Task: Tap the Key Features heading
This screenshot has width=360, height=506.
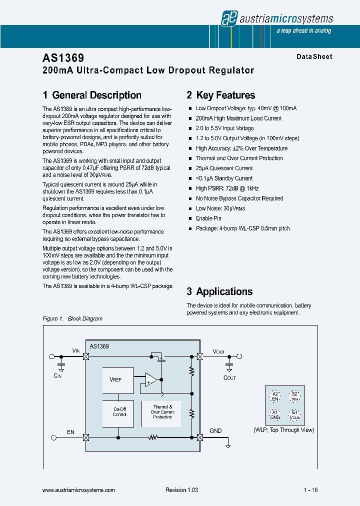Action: (x=220, y=95)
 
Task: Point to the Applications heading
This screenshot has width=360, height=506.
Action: (x=219, y=291)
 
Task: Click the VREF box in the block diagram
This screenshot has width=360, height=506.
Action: (x=117, y=379)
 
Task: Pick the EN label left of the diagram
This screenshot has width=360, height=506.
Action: (x=70, y=431)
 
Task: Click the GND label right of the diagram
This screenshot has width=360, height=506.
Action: (x=215, y=431)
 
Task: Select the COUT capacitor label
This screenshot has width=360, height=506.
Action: (x=229, y=378)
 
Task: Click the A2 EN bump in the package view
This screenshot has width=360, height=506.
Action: (x=274, y=396)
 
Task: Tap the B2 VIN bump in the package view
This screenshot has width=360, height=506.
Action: (x=294, y=396)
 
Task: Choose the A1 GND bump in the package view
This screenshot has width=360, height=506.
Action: (x=274, y=414)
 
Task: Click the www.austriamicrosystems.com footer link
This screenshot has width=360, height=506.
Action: (x=79, y=490)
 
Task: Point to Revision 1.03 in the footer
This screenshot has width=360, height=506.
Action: (x=181, y=490)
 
